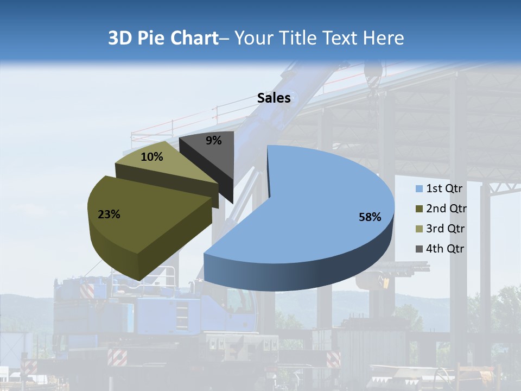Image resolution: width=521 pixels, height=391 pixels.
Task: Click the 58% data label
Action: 370,217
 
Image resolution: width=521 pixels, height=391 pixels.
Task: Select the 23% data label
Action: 109,215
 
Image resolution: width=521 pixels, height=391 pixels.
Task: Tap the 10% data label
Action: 152,157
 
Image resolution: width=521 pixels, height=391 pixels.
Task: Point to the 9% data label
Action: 213,141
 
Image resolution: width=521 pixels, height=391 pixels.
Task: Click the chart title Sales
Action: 274,98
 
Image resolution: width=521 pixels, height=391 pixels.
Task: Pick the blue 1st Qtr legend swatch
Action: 419,189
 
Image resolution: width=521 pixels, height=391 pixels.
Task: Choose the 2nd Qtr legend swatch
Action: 419,209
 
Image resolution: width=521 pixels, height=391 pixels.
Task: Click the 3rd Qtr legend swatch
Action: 419,229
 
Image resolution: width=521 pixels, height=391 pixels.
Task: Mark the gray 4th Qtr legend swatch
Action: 419,249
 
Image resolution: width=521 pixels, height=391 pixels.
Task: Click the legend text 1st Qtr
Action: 444,189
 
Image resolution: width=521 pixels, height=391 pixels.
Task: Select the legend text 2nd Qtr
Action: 446,209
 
